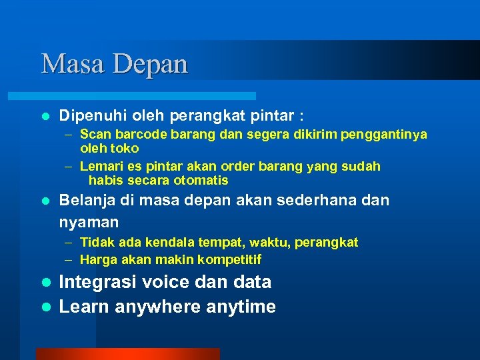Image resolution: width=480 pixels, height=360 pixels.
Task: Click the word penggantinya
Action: pyautogui.click(x=384, y=135)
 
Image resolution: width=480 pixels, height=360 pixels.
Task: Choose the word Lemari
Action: pyautogui.click(x=100, y=166)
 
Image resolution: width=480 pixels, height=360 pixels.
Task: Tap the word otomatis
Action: pyautogui.click(x=201, y=181)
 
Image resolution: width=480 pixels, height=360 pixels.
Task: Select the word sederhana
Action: pyautogui.click(x=315, y=200)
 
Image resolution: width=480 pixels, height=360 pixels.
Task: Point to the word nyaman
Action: pyautogui.click(x=89, y=222)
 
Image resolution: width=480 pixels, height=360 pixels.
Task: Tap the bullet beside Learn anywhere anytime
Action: pyautogui.click(x=45, y=307)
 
